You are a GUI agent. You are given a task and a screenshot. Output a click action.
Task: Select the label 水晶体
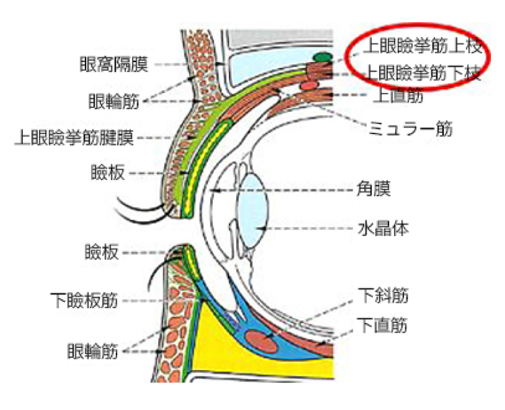[382, 228]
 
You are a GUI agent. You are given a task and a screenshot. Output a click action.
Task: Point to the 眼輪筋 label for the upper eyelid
[112, 102]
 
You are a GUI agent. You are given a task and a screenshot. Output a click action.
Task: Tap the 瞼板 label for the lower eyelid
[102, 253]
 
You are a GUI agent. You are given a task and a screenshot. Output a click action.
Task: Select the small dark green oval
[323, 57]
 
